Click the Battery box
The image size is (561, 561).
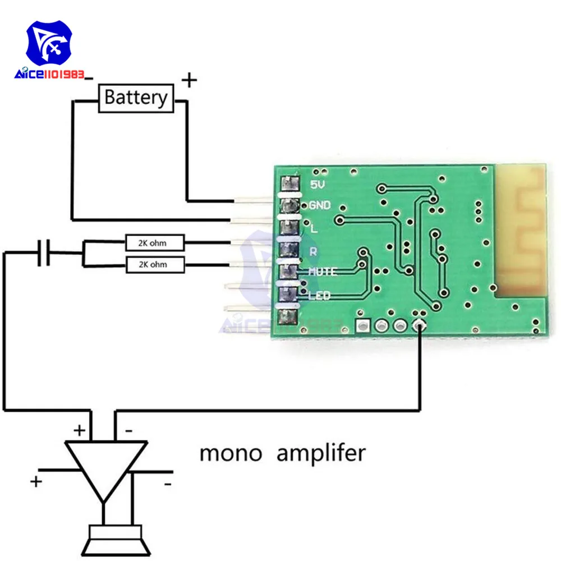pyautogui.click(x=135, y=98)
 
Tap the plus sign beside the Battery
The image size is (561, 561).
pyautogui.click(x=190, y=81)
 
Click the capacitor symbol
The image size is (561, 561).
pyautogui.click(x=43, y=253)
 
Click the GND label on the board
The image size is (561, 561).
pyautogui.click(x=319, y=205)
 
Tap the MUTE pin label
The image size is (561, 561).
pyautogui.click(x=322, y=272)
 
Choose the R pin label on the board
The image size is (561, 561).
pyautogui.click(x=314, y=251)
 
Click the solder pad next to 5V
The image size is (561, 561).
pyautogui.click(x=289, y=183)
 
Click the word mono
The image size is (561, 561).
pyautogui.click(x=231, y=453)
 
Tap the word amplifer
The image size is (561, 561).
pyautogui.click(x=320, y=453)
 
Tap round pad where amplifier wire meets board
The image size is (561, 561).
pyautogui.click(x=419, y=325)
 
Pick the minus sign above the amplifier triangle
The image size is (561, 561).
pyautogui.click(x=128, y=431)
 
